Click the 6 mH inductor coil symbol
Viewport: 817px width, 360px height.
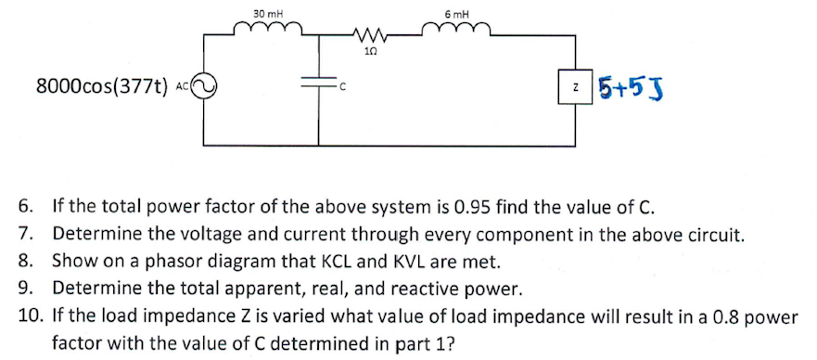click(x=456, y=31)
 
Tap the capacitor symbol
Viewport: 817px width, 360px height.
click(x=318, y=85)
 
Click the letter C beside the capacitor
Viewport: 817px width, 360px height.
click(x=341, y=89)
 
